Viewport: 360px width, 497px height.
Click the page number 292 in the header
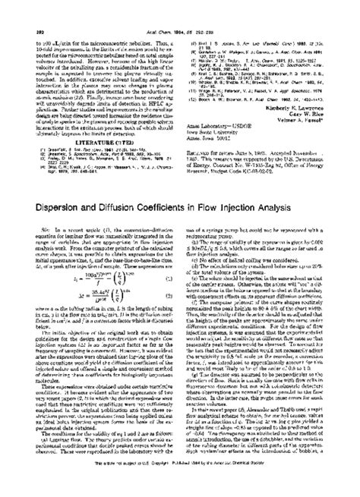[x=23, y=13]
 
